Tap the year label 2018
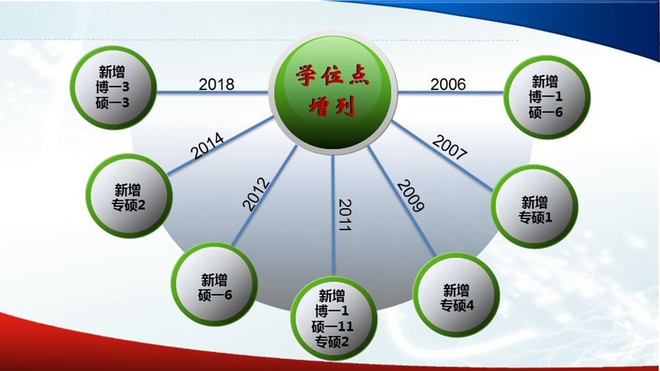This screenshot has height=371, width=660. tap(216, 84)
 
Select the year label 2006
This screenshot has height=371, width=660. tap(448, 84)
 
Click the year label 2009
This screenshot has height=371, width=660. tap(411, 196)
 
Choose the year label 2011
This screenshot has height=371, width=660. tap(345, 215)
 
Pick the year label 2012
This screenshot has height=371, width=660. tap(256, 194)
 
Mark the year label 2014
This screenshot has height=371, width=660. tap(208, 145)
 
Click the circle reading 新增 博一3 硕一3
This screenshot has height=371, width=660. tap(113, 87)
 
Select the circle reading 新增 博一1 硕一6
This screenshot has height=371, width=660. tap(547, 98)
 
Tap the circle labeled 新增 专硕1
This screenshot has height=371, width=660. tap(535, 207)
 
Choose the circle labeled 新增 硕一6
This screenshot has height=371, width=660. tap(215, 284)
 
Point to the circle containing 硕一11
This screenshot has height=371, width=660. tap(334, 318)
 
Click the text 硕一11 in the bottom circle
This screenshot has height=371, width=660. tap(332, 326)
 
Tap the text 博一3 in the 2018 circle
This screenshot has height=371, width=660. tap(112, 87)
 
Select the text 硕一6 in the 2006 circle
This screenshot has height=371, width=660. tap(546, 112)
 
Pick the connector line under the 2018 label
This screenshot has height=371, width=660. tap(213, 92)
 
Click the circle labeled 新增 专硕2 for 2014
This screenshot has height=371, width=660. tap(129, 196)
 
